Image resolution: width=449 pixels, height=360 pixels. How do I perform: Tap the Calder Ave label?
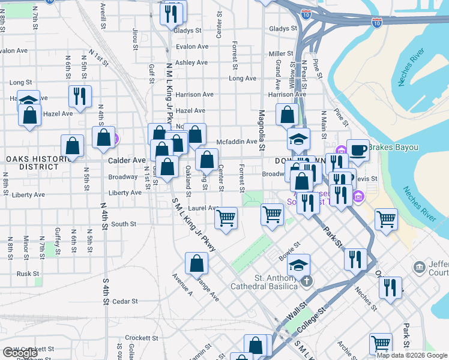pos(127,161)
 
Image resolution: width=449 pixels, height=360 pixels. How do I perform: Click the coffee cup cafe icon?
pos(358,150)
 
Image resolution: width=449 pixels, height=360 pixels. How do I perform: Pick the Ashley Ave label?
pos(191,62)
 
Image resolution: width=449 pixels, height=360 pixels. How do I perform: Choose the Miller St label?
pos(281,53)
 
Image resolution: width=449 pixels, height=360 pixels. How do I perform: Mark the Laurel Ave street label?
pos(202,208)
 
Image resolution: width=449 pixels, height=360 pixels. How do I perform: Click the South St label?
pos(124,224)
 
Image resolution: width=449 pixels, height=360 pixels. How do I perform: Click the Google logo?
pos(20,353)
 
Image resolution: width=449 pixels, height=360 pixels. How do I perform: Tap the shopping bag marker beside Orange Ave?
pos(197,263)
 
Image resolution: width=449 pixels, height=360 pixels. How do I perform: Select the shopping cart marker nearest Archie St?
pos(381,344)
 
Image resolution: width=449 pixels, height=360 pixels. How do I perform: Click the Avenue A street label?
pos(182,285)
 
